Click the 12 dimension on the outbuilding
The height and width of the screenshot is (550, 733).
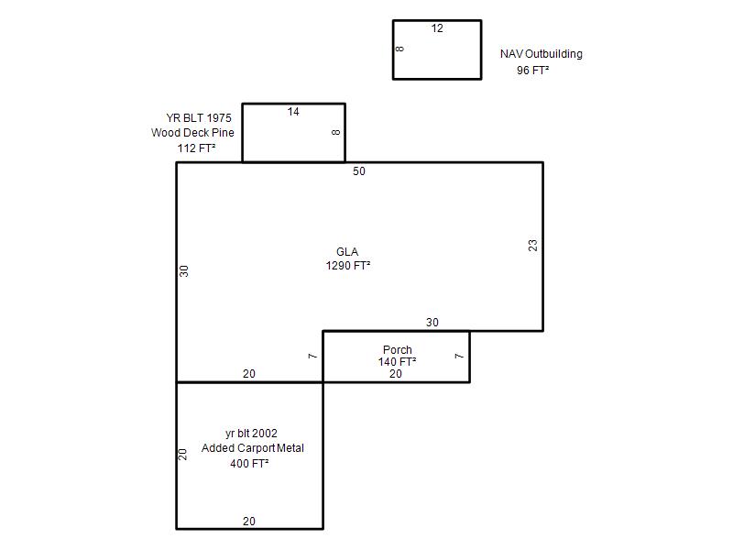tap(437, 28)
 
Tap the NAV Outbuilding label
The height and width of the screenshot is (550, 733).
tap(542, 54)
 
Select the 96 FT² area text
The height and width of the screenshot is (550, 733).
tap(533, 71)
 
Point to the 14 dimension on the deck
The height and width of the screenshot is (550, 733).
tap(293, 112)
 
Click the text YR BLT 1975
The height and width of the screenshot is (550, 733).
tap(199, 118)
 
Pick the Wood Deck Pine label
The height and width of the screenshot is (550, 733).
tap(192, 133)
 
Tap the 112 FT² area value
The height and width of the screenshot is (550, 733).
tap(196, 148)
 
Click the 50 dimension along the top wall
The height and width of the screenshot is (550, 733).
tap(359, 171)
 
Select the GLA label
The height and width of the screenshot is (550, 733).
tap(347, 252)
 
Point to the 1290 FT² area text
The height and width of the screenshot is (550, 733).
tap(348, 266)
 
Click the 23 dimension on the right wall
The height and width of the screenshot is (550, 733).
tap(533, 246)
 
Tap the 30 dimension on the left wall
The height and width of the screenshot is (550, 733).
tap(184, 271)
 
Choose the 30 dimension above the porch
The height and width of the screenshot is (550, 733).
tap(432, 323)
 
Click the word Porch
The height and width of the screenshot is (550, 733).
tap(398, 350)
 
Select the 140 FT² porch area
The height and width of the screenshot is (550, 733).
tap(398, 362)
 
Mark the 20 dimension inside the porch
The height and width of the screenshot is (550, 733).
tap(396, 374)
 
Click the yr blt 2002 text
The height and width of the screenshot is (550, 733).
tap(251, 434)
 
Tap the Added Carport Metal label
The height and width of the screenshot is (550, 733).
tap(253, 448)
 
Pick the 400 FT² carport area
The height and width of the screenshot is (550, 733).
tap(249, 464)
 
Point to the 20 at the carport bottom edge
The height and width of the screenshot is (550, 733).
tap(249, 521)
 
